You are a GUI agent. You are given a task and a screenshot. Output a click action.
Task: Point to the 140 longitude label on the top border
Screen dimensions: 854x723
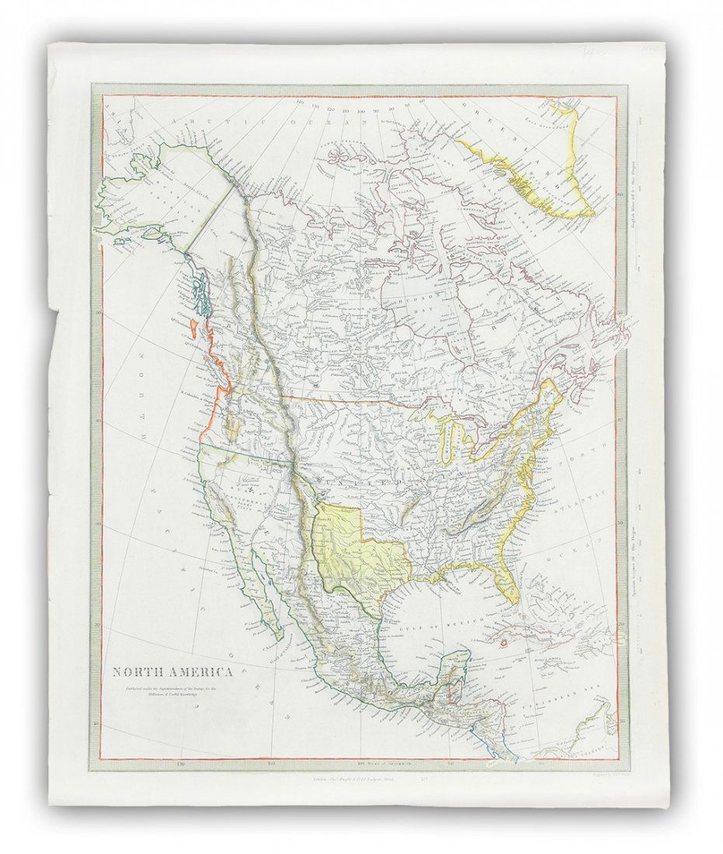(300, 102)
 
